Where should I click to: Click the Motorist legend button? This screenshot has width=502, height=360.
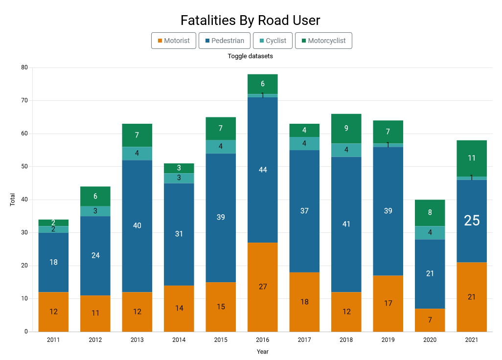tap(174, 41)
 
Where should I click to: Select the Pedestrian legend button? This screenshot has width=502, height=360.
tap(225, 41)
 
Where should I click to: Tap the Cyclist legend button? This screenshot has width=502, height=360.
tap(273, 41)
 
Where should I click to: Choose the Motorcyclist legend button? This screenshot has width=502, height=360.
tap(323, 41)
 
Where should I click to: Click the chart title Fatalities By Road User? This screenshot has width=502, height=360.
tap(251, 21)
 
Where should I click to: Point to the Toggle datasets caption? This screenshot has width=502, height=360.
tap(251, 56)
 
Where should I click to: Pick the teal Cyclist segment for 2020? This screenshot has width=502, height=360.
tap(430, 233)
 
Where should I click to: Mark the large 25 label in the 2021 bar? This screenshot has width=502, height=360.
tap(472, 221)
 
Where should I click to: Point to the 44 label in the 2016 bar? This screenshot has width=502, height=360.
tap(263, 170)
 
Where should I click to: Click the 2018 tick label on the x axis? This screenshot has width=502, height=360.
tap(346, 340)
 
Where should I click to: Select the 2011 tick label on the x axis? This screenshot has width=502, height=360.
tap(54, 340)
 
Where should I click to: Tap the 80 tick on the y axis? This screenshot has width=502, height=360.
tap(24, 67)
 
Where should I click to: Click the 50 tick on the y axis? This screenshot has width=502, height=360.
tap(24, 167)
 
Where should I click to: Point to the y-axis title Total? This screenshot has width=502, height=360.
tap(13, 200)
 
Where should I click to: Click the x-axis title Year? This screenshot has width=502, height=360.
tap(263, 352)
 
